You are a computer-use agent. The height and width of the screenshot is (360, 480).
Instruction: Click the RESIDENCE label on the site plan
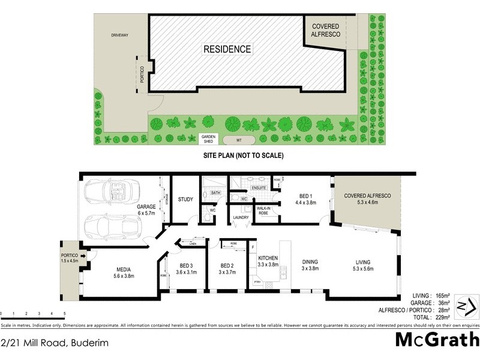[x=227, y=49]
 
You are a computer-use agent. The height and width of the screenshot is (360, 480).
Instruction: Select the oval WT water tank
[x=239, y=140]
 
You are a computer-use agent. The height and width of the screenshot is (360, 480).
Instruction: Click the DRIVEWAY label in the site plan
[x=119, y=35]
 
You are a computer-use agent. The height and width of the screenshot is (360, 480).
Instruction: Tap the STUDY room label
[x=185, y=200]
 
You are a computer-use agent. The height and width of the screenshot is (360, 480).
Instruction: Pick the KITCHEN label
[x=268, y=257]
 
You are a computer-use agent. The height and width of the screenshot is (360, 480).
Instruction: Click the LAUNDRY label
[x=241, y=218]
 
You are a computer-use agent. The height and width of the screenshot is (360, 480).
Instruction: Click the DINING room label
[x=310, y=262]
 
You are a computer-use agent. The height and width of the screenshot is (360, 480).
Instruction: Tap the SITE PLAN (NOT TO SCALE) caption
[x=240, y=155]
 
